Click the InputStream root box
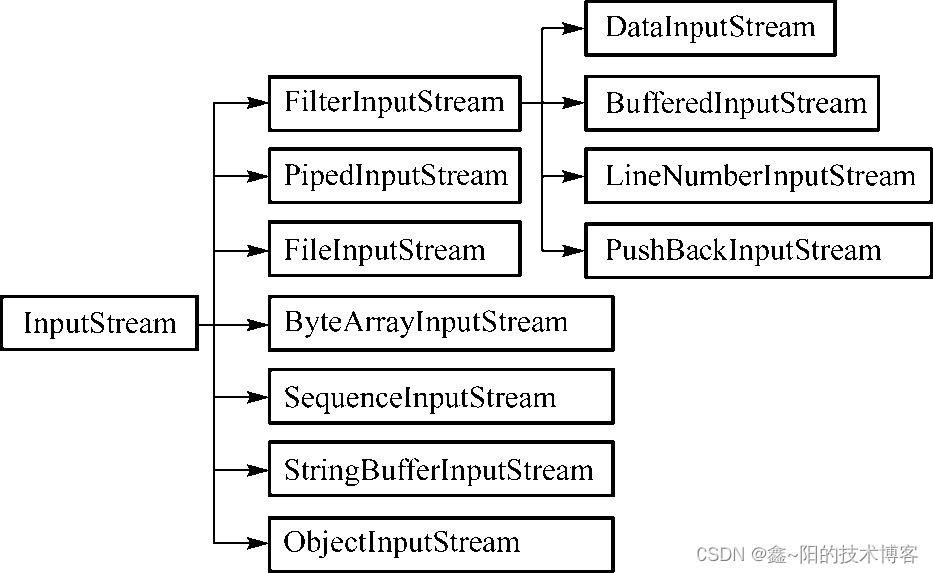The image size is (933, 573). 99,323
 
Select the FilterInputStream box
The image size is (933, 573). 394,102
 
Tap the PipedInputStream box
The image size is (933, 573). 394,176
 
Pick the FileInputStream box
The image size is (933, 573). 394,250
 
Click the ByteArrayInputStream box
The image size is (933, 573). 440,323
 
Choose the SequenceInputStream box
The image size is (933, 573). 440,397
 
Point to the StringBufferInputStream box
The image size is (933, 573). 440,470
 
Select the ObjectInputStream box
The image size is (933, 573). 440,543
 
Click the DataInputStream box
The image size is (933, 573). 709,28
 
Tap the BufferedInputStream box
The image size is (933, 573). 730,103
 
